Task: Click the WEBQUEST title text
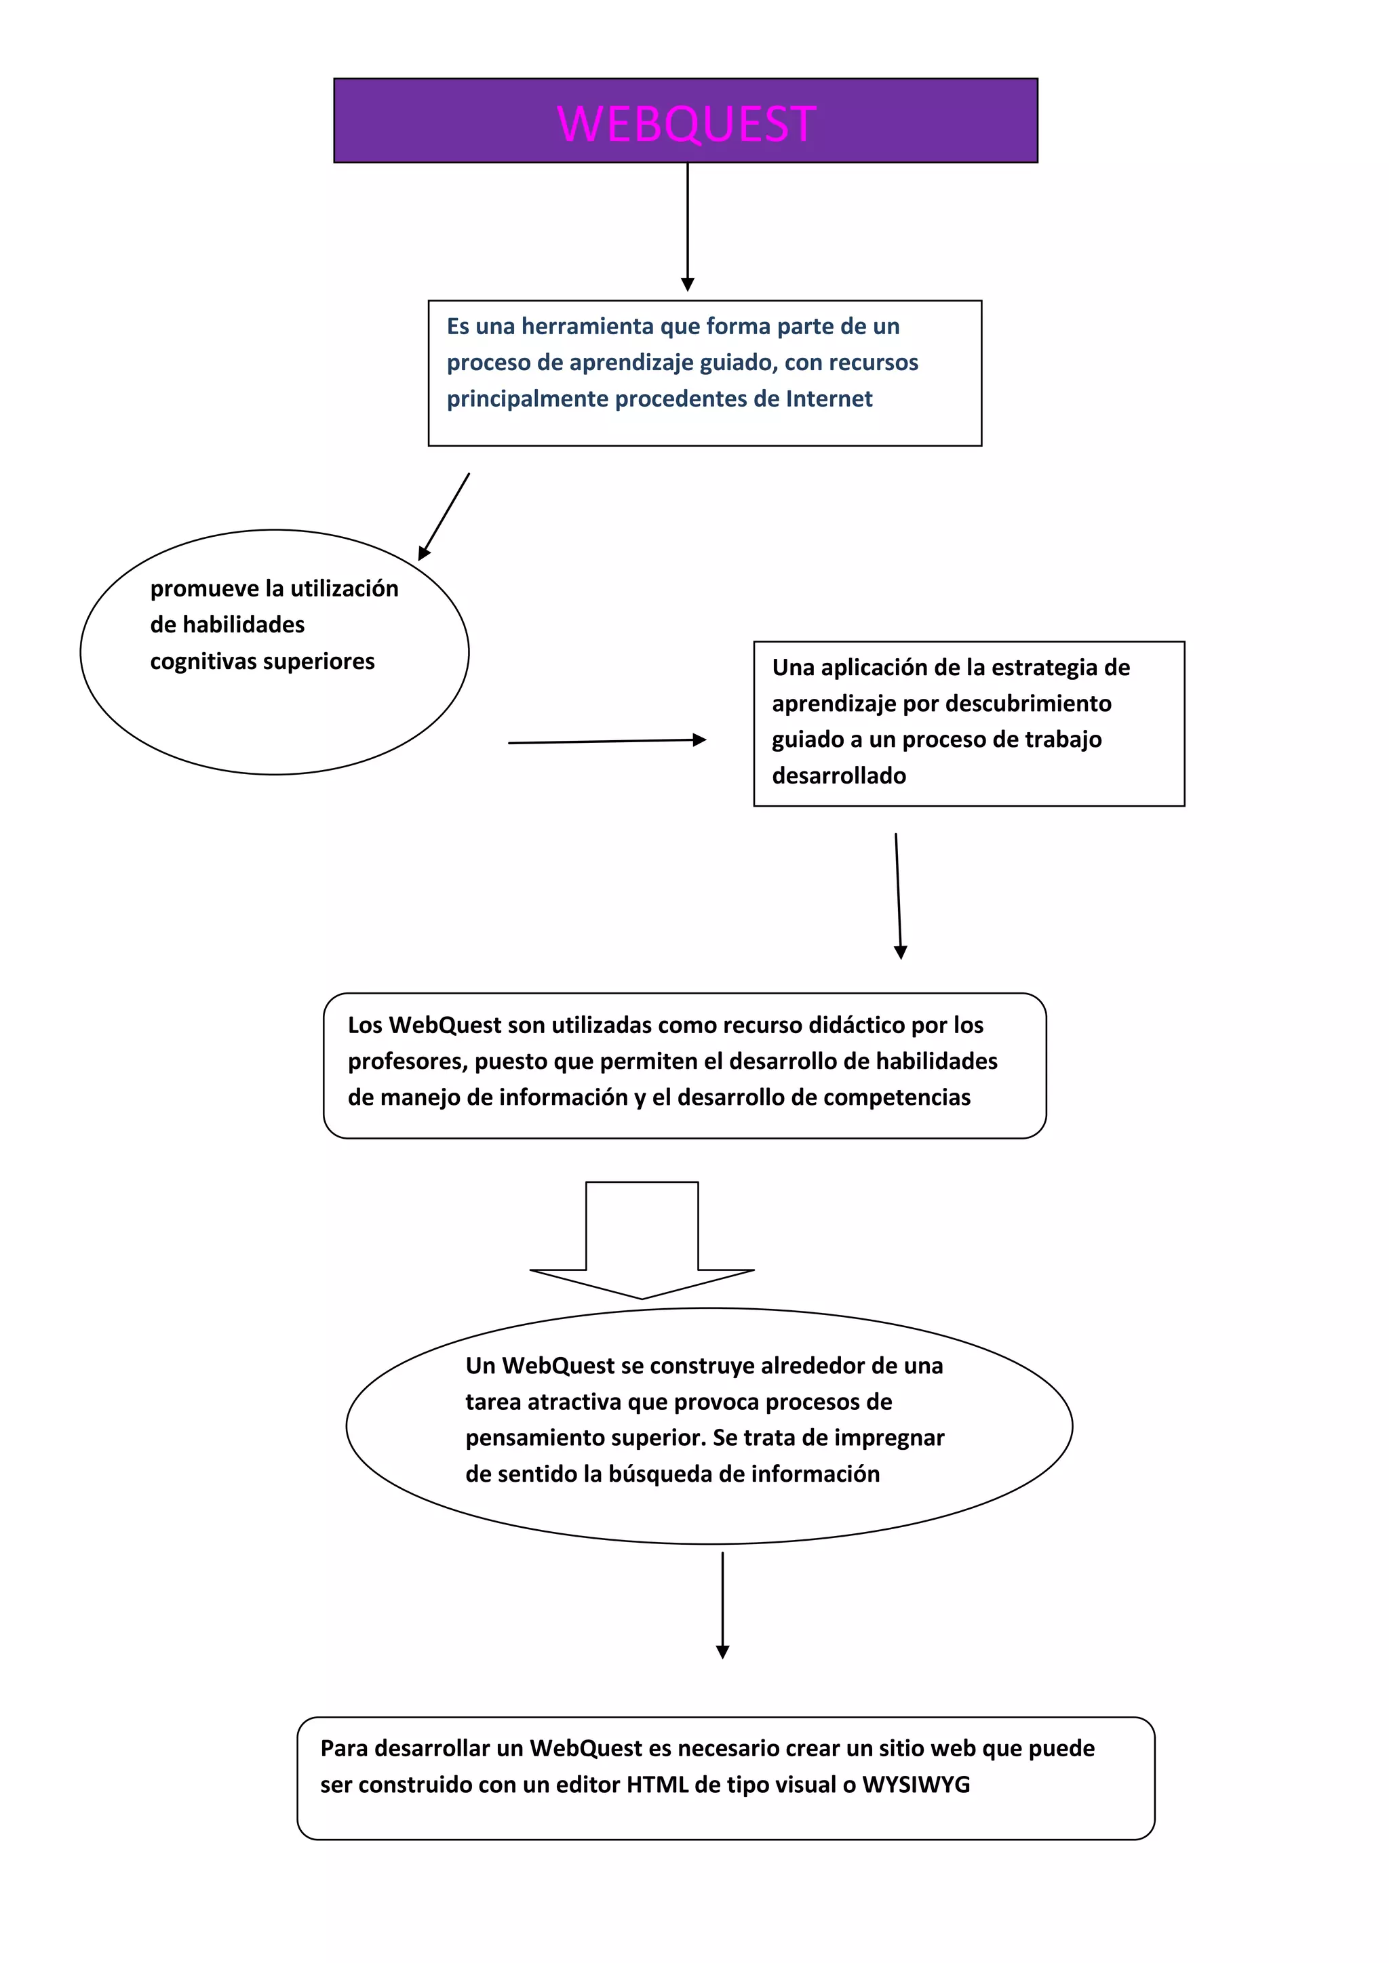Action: click(687, 124)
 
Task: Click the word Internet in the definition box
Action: click(829, 399)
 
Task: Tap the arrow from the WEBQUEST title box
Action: click(688, 226)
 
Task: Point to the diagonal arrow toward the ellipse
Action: click(444, 517)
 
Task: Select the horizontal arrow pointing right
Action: click(607, 742)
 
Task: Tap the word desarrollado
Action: click(839, 776)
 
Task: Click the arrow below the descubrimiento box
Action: click(898, 896)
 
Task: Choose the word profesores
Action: click(407, 1062)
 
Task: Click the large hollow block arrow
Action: click(642, 1240)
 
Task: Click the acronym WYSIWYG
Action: click(916, 1785)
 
